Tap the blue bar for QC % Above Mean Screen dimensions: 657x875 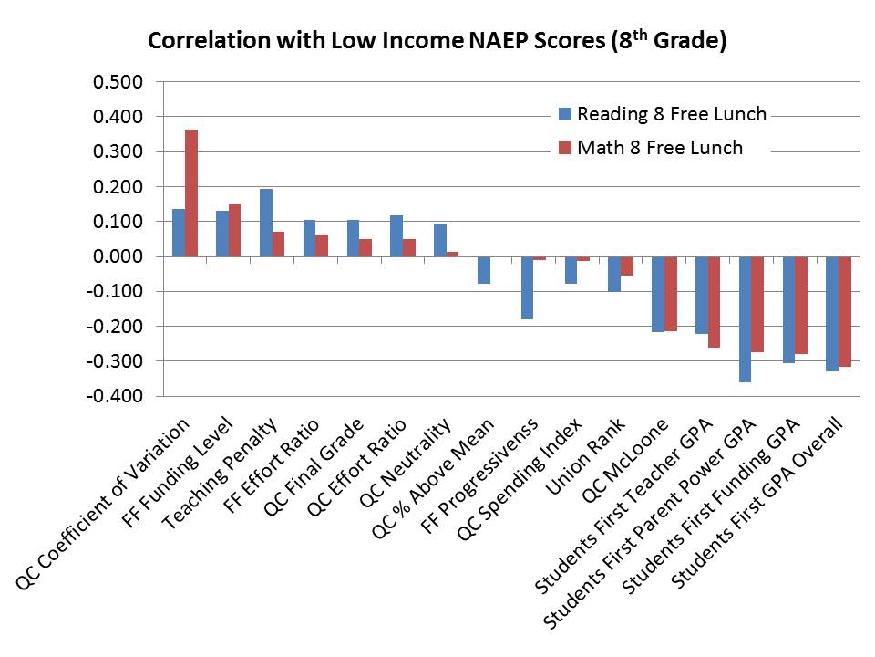(x=484, y=270)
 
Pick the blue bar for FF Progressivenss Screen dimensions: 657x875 (x=528, y=287)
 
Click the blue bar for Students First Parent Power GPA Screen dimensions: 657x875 (x=746, y=319)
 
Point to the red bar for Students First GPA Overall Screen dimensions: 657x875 (x=845, y=312)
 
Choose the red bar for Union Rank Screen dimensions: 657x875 (x=627, y=266)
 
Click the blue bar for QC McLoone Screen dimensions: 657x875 (x=658, y=294)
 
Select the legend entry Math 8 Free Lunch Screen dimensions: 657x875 (x=660, y=148)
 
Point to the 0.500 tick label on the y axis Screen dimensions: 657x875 (x=118, y=82)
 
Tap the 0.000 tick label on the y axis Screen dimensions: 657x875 (x=118, y=256)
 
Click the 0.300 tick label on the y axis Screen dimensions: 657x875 (x=118, y=151)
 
